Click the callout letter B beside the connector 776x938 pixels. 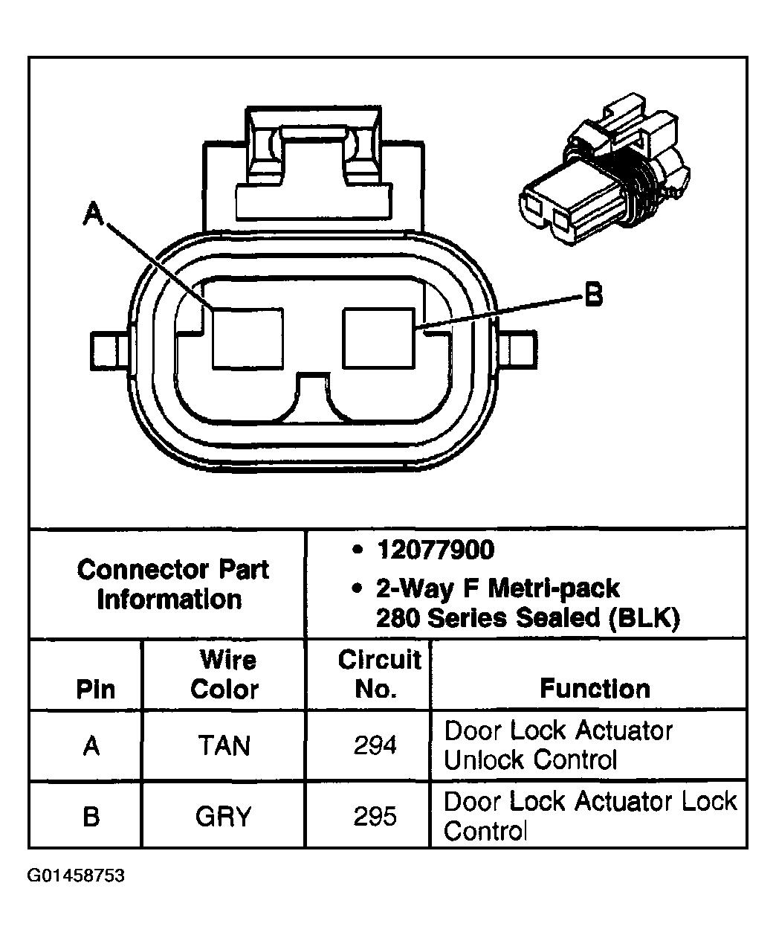[x=592, y=295]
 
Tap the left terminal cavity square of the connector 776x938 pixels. [x=247, y=338]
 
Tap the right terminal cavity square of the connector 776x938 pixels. [x=378, y=338]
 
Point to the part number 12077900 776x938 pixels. [x=435, y=550]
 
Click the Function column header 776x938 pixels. [x=595, y=689]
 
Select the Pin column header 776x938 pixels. [x=96, y=690]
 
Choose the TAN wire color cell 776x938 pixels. [x=224, y=745]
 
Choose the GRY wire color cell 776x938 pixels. [x=224, y=817]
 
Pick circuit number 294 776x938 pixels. [x=375, y=745]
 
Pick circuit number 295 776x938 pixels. [x=375, y=817]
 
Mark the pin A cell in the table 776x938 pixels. [x=91, y=745]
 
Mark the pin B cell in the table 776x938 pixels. [x=91, y=817]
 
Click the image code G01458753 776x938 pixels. [x=76, y=876]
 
